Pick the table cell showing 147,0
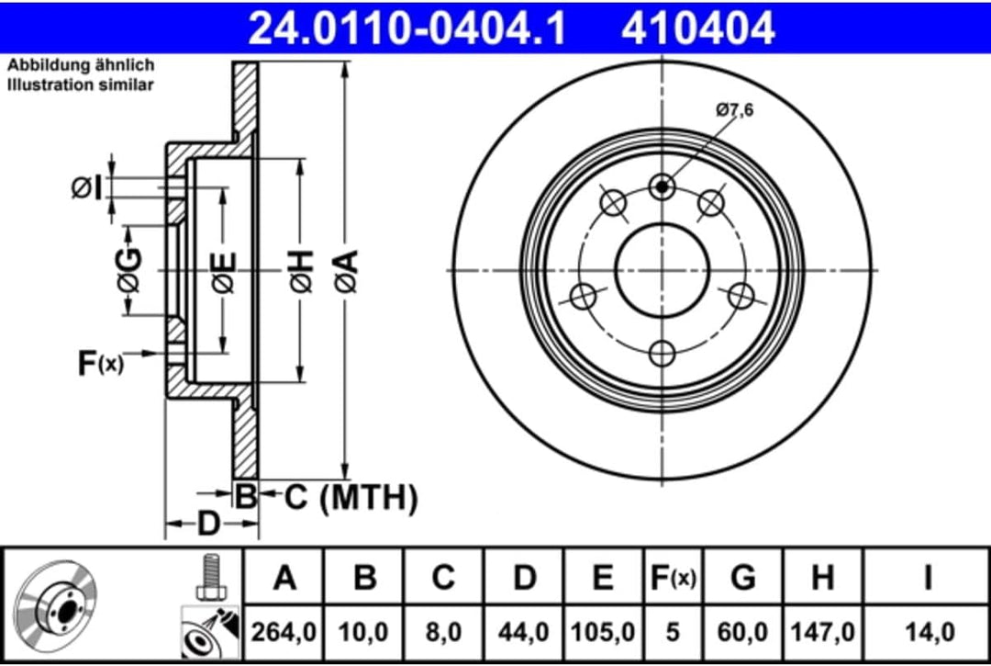click(823, 632)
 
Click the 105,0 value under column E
click(603, 632)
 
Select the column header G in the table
click(742, 578)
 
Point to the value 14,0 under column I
click(928, 632)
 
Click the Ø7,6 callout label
click(734, 110)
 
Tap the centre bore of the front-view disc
click(662, 270)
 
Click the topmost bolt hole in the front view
click(662, 186)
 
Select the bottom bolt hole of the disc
click(662, 352)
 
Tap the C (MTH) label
click(350, 498)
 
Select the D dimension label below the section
click(209, 525)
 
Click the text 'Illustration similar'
click(81, 85)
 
